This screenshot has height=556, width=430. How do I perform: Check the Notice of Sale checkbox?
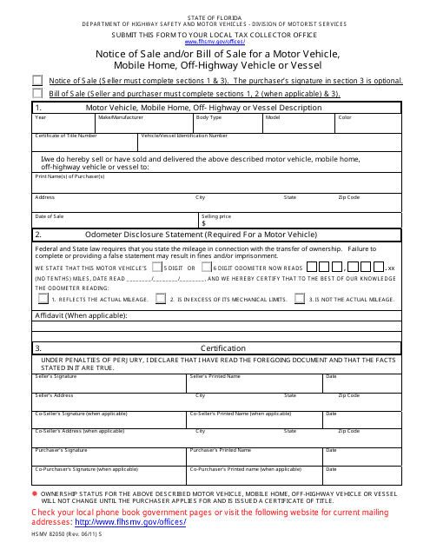pos(37,79)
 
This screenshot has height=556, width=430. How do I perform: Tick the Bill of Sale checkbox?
pos(37,92)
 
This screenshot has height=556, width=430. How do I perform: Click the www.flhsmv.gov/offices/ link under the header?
pos(214,41)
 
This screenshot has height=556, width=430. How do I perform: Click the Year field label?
pos(41,116)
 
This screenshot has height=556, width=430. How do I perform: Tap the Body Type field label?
pos(208,116)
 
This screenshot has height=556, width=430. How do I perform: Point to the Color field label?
pos(345,116)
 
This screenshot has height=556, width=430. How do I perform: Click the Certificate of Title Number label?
pos(66,136)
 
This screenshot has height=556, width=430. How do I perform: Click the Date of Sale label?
pos(50,215)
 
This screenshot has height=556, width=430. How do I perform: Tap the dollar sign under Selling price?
pos(203,223)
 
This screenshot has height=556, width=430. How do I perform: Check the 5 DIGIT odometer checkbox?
pos(157,268)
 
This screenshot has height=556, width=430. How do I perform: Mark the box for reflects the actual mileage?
pos(43,298)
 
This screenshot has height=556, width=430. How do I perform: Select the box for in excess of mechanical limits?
pos(161,298)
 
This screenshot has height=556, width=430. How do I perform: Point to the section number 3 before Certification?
pos(38,347)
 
